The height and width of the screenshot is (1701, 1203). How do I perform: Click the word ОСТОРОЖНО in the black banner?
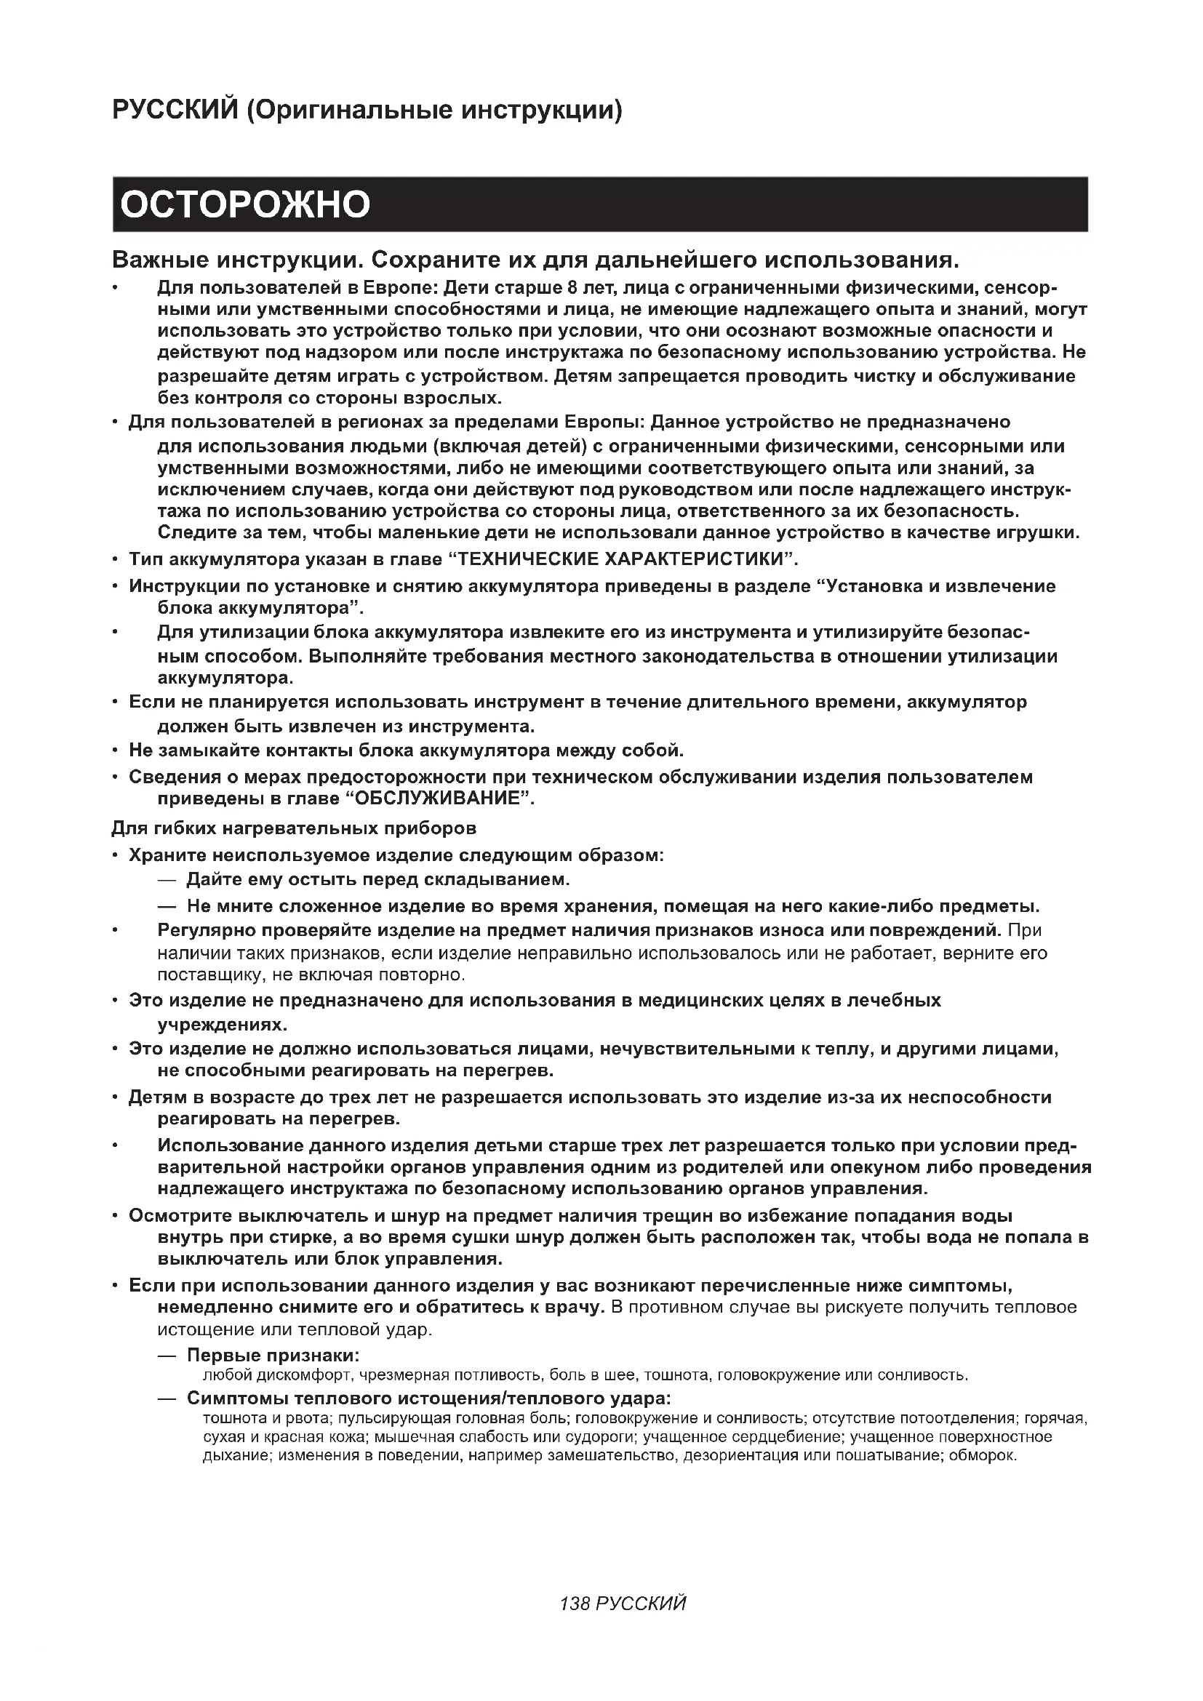pos(244,204)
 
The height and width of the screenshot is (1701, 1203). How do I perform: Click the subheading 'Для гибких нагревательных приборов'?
pos(293,828)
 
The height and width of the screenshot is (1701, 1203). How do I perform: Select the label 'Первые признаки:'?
pos(273,1355)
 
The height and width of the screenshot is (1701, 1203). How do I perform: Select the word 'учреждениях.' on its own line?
pos(223,1025)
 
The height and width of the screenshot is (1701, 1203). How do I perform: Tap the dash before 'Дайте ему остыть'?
pos(167,879)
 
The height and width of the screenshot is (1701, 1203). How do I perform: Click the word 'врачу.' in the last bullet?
pos(576,1307)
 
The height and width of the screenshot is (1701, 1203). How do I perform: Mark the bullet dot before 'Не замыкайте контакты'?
pos(115,751)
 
